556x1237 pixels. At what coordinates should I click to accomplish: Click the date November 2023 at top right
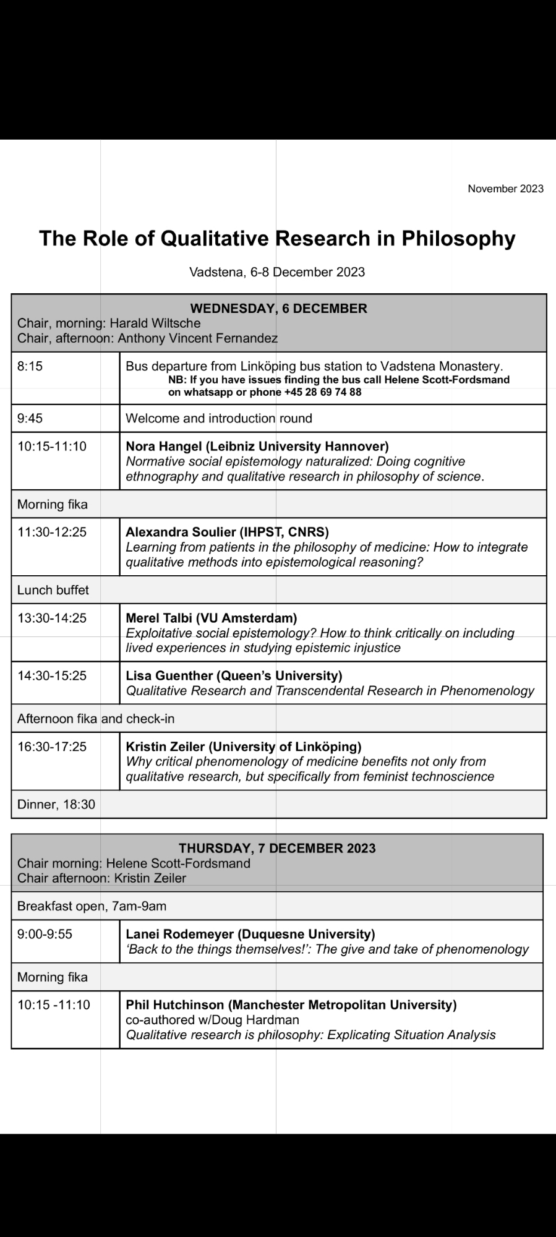point(505,189)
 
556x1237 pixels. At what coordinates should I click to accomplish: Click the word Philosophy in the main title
point(458,238)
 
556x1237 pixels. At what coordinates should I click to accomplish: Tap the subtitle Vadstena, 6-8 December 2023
point(277,272)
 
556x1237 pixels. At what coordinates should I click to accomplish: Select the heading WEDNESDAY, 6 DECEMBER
point(278,308)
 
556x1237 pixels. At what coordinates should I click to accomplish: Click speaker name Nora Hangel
point(165,446)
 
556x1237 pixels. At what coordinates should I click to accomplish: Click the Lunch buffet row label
point(53,590)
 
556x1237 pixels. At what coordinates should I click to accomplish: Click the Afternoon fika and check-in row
point(96,719)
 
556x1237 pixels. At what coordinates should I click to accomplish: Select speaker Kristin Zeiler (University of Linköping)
point(244,747)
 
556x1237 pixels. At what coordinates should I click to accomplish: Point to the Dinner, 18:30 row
point(56,804)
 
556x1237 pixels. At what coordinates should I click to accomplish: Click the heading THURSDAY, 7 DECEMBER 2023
point(277,848)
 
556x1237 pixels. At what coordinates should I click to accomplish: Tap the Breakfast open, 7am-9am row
point(92,906)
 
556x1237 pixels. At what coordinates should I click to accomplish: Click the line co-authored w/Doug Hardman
point(212,1020)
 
